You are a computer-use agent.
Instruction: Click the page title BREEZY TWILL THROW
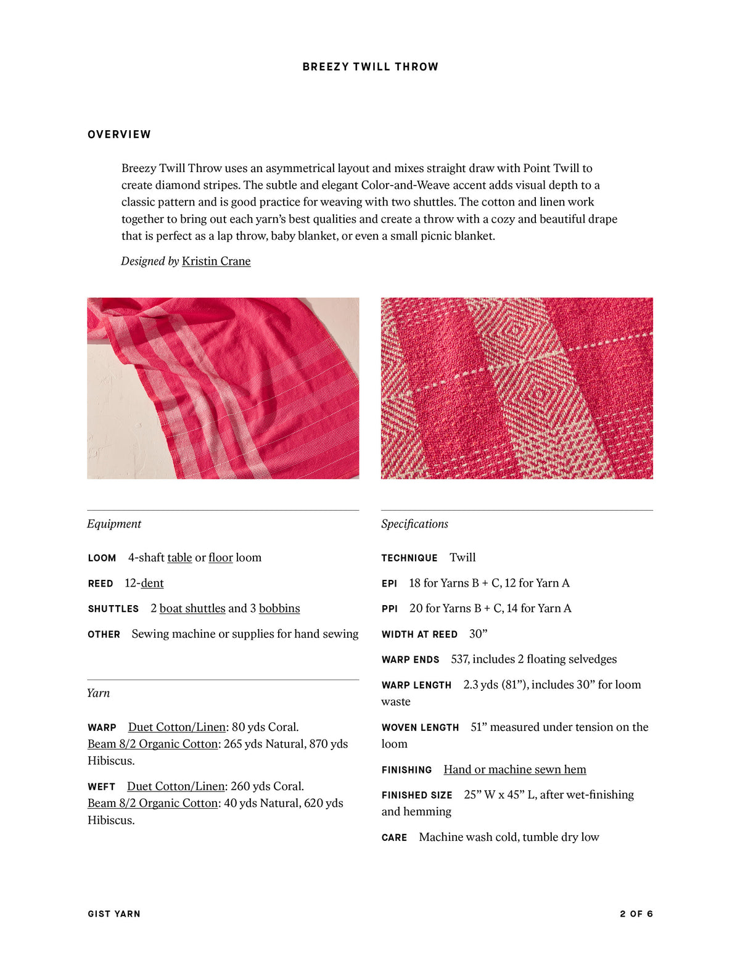(x=370, y=67)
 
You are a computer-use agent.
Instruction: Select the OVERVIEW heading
(x=119, y=134)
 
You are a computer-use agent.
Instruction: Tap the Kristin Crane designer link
(x=216, y=261)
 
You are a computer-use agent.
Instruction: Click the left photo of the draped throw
(x=223, y=388)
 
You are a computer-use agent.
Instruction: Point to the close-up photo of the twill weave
(x=517, y=388)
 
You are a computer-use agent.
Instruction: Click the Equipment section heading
(x=114, y=524)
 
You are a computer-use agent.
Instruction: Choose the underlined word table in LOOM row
(x=179, y=558)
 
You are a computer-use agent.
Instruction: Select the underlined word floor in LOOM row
(x=220, y=558)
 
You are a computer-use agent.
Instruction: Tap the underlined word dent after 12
(x=152, y=583)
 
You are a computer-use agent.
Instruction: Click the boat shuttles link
(x=192, y=608)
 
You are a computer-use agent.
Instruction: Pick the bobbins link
(x=279, y=608)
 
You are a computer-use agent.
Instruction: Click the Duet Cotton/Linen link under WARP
(x=177, y=727)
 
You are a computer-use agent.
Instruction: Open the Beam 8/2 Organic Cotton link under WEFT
(x=153, y=803)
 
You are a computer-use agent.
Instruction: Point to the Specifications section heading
(x=414, y=524)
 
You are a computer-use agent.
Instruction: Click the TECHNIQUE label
(x=409, y=558)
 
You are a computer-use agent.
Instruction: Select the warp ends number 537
(x=459, y=659)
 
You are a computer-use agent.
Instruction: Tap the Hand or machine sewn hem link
(x=515, y=769)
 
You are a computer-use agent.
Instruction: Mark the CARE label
(x=394, y=838)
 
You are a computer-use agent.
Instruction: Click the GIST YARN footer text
(x=114, y=914)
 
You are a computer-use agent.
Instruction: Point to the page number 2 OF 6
(x=636, y=914)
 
